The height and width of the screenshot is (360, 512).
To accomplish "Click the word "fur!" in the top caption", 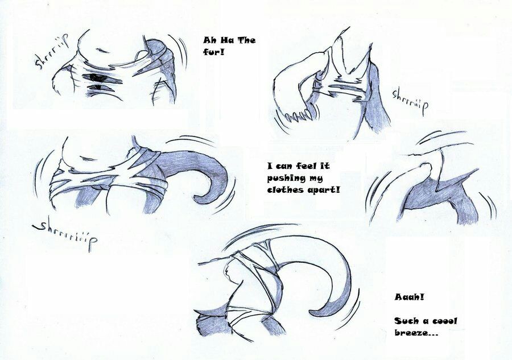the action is pos(213,52).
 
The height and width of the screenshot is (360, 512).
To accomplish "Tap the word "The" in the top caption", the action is pos(246,40).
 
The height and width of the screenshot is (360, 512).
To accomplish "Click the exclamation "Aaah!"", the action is pos(409,297).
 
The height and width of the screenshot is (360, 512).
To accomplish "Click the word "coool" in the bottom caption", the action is pos(445,321).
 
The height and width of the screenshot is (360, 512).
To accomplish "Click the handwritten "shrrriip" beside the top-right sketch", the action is pos(410,100).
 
